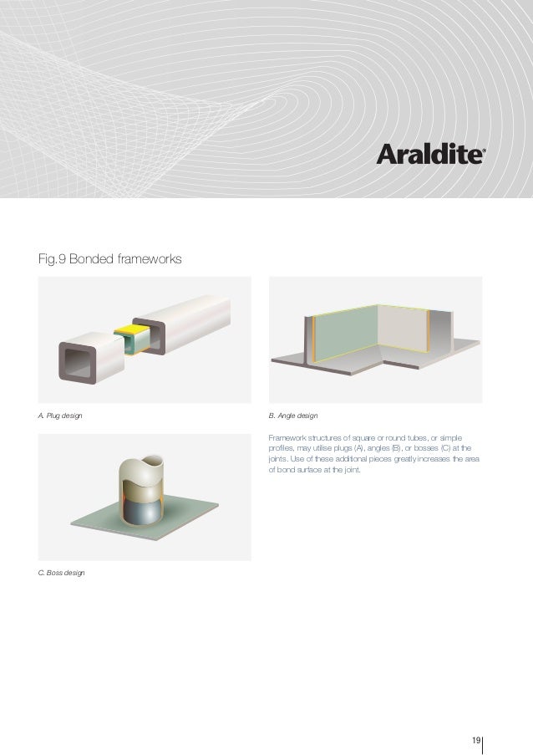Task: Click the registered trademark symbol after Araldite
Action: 486,152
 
